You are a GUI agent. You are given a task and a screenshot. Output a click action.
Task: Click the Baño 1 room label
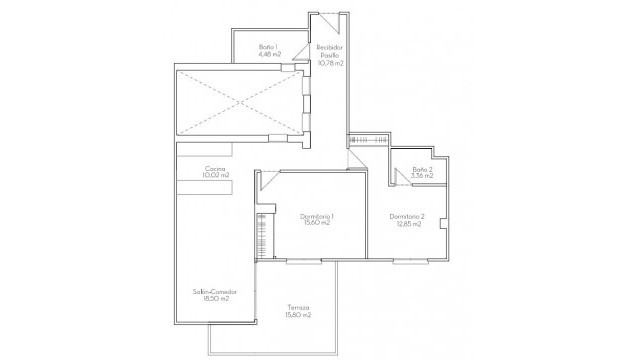(x=267, y=46)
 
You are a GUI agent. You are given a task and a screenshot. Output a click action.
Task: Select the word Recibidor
(x=330, y=47)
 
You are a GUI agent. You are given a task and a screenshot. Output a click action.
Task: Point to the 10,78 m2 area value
(x=330, y=63)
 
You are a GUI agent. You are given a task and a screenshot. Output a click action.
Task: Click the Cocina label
(x=215, y=168)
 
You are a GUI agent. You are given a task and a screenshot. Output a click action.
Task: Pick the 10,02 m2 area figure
(x=215, y=175)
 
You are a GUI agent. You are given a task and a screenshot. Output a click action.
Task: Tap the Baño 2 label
(x=423, y=170)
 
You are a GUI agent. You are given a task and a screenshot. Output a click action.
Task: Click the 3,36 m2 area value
(x=423, y=177)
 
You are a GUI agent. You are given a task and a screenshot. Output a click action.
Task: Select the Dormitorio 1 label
(x=317, y=216)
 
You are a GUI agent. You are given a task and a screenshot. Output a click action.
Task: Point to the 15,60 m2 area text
(x=317, y=223)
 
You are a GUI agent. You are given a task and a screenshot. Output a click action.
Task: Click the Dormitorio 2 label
(x=407, y=217)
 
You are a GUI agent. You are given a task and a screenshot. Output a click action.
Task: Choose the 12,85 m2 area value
(x=407, y=224)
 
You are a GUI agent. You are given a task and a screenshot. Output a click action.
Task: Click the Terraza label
(x=296, y=308)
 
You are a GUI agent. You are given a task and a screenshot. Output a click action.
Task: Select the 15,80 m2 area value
(x=296, y=315)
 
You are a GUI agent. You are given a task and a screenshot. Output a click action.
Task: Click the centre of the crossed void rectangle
(x=241, y=98)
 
